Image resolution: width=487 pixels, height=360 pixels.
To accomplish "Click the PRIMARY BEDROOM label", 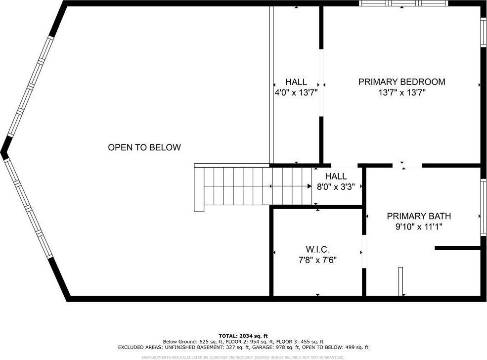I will point(401,82).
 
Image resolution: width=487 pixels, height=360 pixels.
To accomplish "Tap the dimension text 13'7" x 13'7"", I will point(401,92).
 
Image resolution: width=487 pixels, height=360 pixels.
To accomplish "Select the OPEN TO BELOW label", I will point(144,147).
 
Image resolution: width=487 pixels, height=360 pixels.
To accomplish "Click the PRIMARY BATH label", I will point(419,216).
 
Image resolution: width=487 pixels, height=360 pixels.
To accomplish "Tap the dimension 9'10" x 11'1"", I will point(419,227).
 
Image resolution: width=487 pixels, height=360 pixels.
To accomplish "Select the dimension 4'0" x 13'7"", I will point(296,92).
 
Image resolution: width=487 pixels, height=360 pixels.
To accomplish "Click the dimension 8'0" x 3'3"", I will point(336,187).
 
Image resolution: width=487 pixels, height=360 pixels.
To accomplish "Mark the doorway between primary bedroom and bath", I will point(402,165).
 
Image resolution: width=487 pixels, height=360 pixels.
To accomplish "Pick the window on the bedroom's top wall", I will point(403,3).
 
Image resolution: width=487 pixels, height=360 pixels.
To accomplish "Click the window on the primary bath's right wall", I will point(483,206).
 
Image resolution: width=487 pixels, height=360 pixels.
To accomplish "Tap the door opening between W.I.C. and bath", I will point(364,252).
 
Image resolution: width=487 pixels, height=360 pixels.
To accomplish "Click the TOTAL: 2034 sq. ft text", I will point(243,336).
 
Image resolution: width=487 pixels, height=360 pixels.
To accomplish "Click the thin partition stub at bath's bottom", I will point(400,281).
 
